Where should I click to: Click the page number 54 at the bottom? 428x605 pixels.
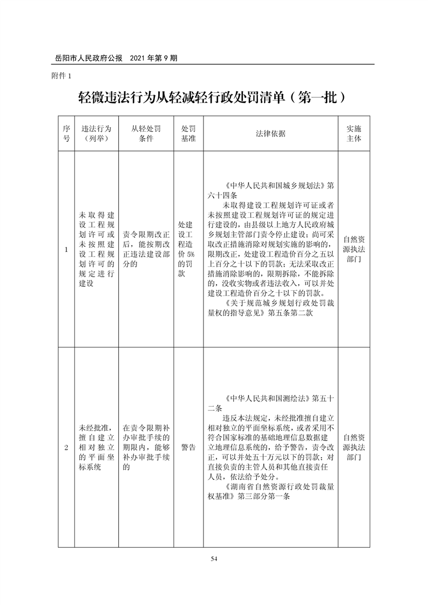[214, 559]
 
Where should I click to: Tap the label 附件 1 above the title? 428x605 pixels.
[60, 76]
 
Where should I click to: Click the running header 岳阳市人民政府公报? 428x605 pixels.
[86, 57]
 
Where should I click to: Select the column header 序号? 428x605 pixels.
[66, 134]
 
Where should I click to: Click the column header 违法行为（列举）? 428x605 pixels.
[96, 134]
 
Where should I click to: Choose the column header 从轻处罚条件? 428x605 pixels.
[146, 134]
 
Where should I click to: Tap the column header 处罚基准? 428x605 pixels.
[188, 134]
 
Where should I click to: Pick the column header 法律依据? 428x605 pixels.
[270, 134]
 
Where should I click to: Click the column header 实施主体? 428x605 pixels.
[354, 134]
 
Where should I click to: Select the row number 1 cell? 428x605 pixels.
[66, 250]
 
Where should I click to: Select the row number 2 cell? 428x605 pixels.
[66, 448]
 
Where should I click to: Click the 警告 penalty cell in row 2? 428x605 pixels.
[188, 448]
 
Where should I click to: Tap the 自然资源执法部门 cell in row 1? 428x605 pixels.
[354, 250]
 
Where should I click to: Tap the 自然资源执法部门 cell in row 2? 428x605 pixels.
[354, 448]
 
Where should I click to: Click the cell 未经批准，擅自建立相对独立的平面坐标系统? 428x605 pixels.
[96, 448]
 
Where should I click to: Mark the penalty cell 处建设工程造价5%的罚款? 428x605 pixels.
[188, 250]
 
